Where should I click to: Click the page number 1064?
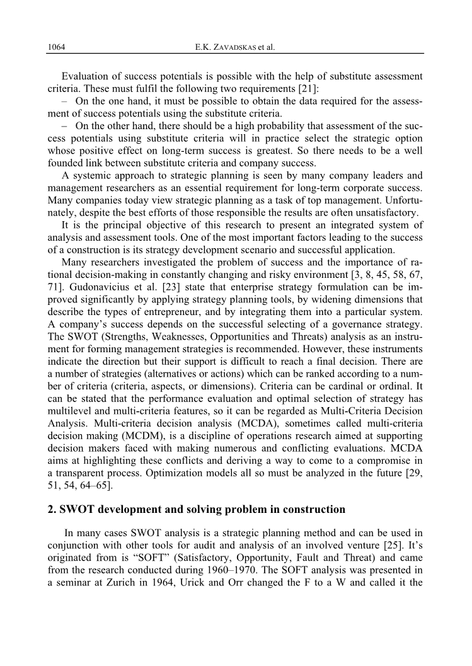tap(57, 47)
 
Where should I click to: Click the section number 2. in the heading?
tap(52, 509)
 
